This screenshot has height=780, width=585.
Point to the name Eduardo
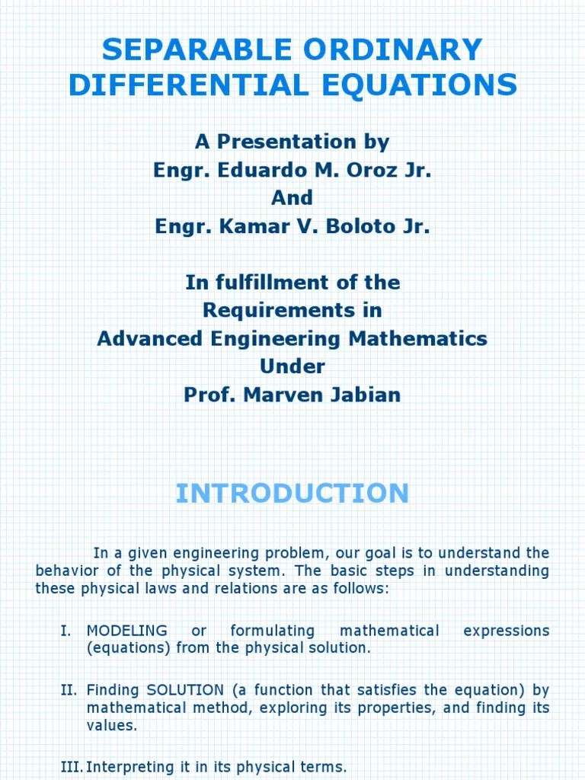[x=253, y=170]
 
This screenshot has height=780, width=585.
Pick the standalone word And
[x=292, y=198]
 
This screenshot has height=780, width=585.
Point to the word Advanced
[x=148, y=339]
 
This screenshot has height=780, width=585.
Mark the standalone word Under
[x=292, y=367]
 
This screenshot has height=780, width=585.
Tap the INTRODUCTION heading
[x=292, y=494]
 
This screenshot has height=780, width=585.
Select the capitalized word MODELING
[x=127, y=631]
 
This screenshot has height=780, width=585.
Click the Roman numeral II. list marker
[x=69, y=690]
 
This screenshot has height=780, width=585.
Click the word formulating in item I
[x=273, y=631]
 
